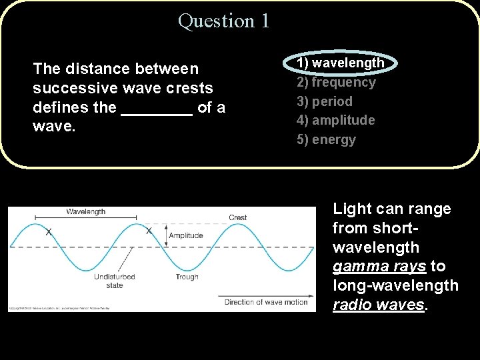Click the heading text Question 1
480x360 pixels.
click(x=224, y=21)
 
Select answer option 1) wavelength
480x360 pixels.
click(x=340, y=63)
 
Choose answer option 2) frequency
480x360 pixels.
click(x=336, y=82)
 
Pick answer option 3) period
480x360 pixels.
click(x=325, y=101)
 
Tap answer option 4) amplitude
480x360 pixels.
click(x=335, y=121)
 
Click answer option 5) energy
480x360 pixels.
click(x=326, y=140)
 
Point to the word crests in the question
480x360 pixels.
click(x=191, y=88)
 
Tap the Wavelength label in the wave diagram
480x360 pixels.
click(x=85, y=211)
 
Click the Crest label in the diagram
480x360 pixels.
click(x=237, y=217)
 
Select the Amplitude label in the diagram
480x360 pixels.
click(x=186, y=236)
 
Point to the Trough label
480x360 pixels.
click(x=187, y=277)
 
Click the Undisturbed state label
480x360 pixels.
click(x=114, y=281)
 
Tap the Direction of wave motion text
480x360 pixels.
click(x=266, y=302)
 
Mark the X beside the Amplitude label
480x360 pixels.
click(x=149, y=231)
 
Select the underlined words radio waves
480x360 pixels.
click(x=378, y=305)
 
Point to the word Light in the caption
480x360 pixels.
click(x=352, y=209)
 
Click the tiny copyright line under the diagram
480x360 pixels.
click(x=59, y=309)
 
